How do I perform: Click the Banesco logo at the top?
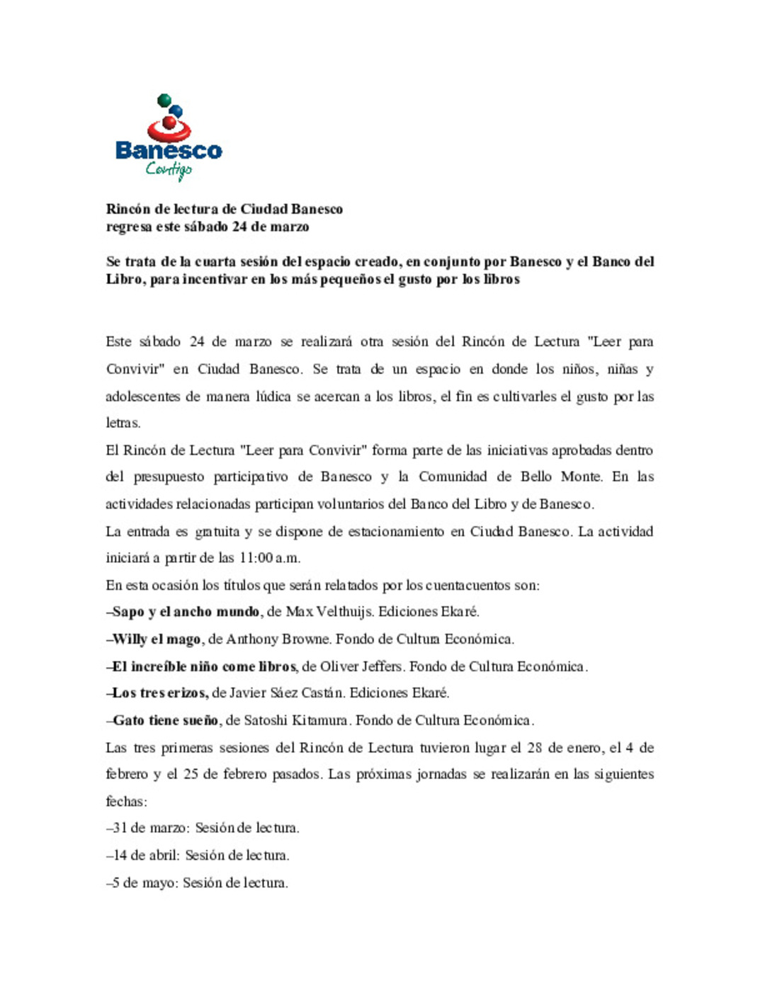[169, 138]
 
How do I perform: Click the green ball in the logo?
[164, 101]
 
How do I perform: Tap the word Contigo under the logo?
[169, 170]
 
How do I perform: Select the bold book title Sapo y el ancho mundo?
[186, 612]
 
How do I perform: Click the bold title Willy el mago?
[157, 639]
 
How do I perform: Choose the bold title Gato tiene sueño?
[166, 721]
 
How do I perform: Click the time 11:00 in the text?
[256, 558]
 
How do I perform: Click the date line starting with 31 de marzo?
[203, 828]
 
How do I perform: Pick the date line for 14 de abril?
[198, 855]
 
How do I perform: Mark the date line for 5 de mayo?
[197, 883]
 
